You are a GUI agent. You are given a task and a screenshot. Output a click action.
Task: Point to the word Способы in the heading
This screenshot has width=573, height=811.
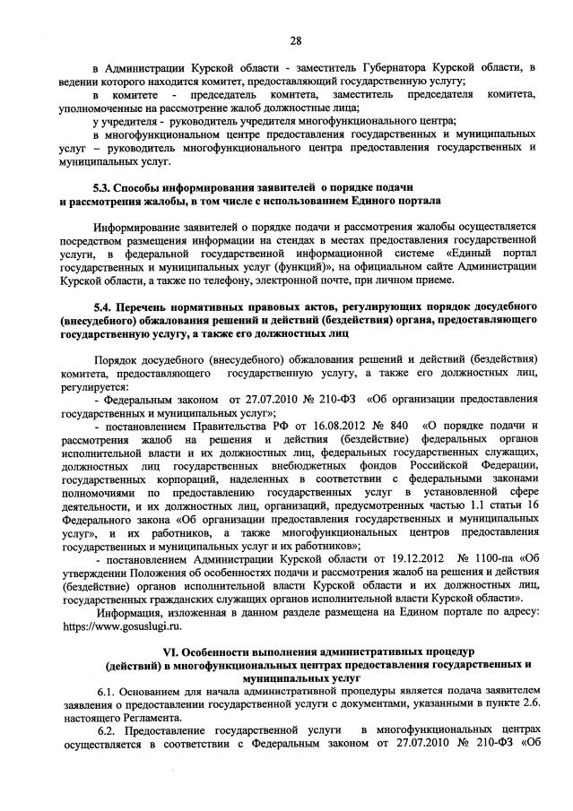click(149, 187)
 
